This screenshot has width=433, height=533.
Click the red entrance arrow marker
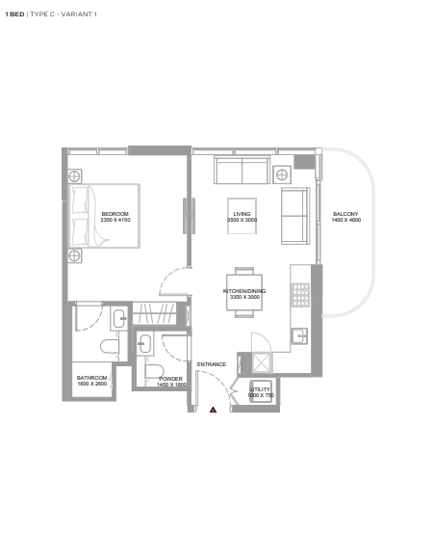tap(213, 410)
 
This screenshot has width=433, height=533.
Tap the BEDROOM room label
tap(115, 214)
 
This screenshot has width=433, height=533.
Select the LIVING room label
tap(242, 214)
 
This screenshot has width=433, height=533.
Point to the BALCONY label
tap(345, 214)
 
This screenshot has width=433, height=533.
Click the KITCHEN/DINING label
tap(244, 291)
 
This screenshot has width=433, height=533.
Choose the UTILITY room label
tap(260, 389)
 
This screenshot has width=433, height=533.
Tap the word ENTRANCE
tap(212, 364)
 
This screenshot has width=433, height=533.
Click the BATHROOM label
tap(91, 378)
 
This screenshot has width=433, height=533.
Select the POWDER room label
tap(170, 379)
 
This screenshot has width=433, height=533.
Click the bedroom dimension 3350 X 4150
tap(115, 220)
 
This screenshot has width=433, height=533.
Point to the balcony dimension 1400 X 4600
tap(346, 220)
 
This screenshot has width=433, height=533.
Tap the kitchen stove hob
tap(301, 295)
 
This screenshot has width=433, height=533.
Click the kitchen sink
tap(299, 335)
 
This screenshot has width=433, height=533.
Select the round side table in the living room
tap(282, 174)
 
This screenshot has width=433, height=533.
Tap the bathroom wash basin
tap(118, 318)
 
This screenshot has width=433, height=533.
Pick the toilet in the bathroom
tap(110, 346)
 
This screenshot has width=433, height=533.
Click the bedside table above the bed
tap(75, 176)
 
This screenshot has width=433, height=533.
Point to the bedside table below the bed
tap(75, 255)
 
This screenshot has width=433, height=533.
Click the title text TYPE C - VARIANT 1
tap(64, 14)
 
